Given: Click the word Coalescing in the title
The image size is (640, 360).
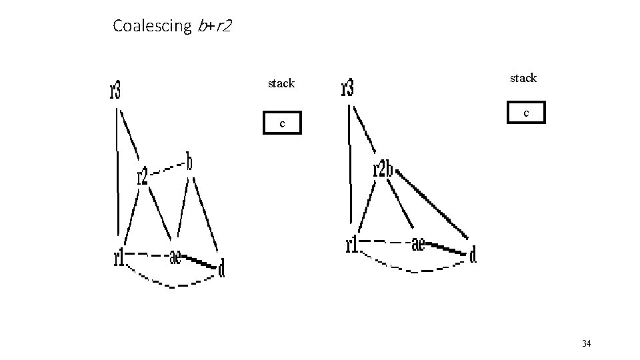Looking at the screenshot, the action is (x=152, y=26).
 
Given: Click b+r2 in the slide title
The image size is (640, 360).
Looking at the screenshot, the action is (x=214, y=26).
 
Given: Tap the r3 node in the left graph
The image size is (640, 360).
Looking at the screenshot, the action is (x=115, y=90).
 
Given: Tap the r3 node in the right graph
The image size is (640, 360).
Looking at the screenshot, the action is (x=347, y=87).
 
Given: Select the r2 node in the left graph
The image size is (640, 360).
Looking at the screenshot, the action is (x=142, y=176).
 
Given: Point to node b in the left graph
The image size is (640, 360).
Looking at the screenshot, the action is (x=190, y=162).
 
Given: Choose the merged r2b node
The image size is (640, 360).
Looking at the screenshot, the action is (x=383, y=169).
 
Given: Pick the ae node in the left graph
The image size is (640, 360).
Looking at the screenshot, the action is (x=175, y=257).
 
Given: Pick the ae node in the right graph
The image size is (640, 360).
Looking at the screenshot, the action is (x=418, y=245).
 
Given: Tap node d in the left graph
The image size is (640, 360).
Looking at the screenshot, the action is (x=221, y=268).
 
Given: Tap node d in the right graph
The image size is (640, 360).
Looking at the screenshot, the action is (x=473, y=255).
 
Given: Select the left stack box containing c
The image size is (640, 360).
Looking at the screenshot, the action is (x=282, y=123).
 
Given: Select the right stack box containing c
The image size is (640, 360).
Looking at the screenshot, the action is (x=526, y=113).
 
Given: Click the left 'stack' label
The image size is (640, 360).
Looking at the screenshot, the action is (x=281, y=83).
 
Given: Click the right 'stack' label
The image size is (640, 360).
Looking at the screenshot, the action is (x=523, y=78).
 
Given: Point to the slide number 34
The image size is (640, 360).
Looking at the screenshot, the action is (x=587, y=343).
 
